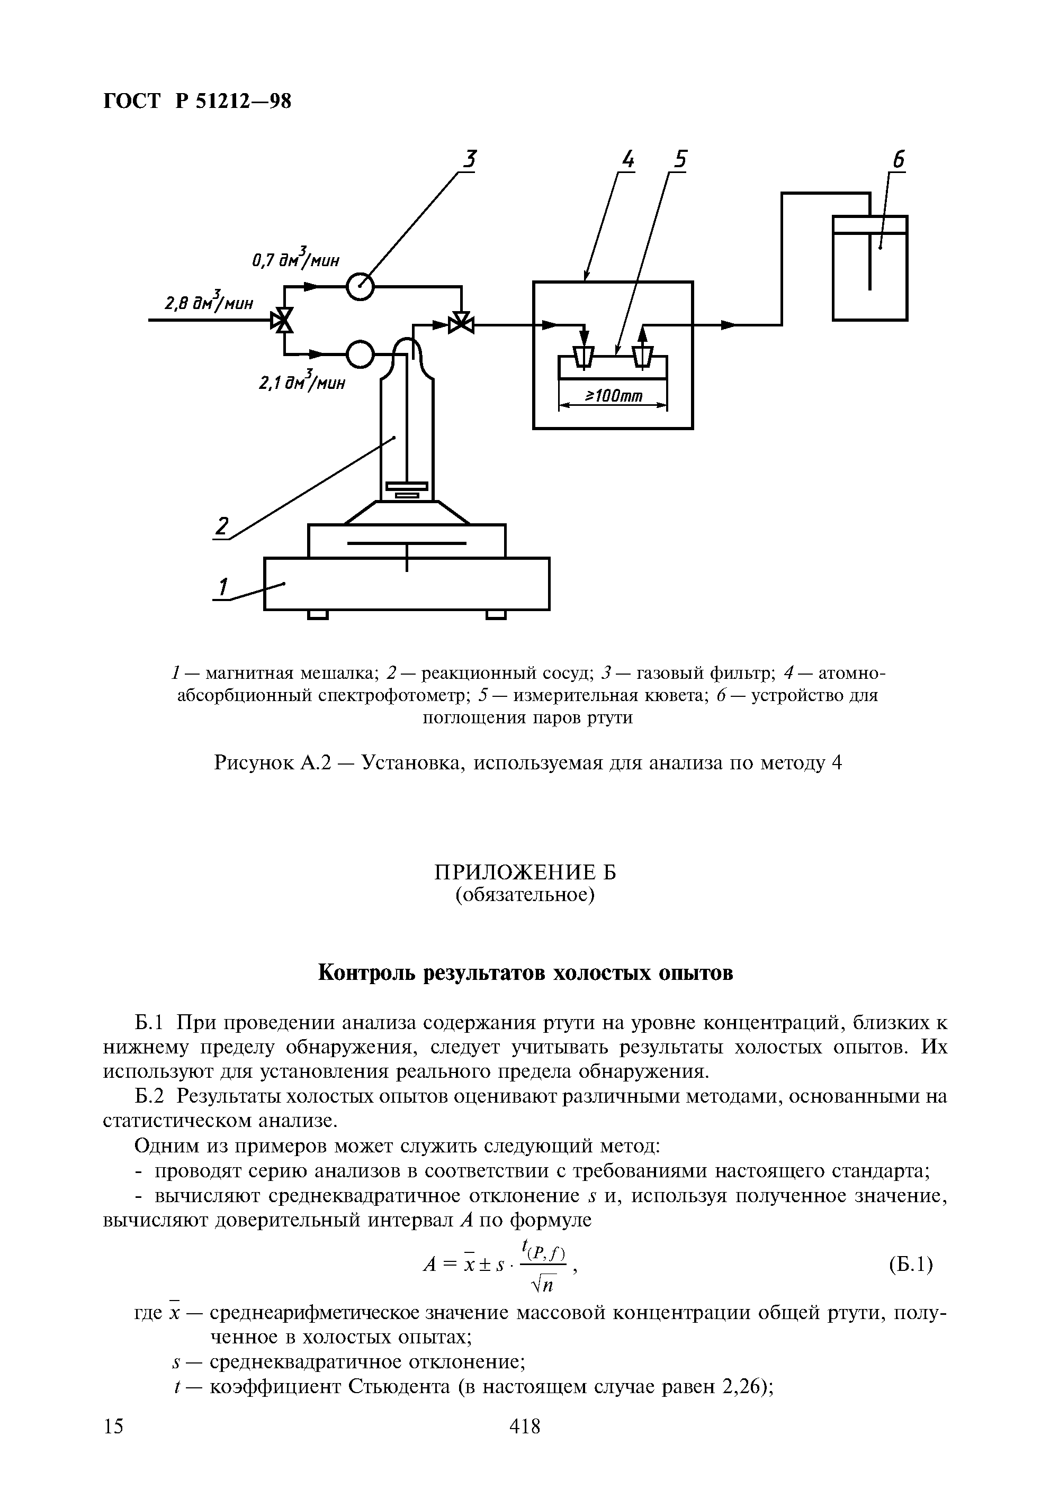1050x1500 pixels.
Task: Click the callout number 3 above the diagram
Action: (470, 159)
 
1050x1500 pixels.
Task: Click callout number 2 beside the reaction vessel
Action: (223, 526)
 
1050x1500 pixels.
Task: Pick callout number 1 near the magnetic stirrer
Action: (223, 587)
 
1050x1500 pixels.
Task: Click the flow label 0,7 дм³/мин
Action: (296, 259)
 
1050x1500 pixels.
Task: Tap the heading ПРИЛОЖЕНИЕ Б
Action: (525, 872)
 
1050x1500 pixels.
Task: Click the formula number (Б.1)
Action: (911, 1264)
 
